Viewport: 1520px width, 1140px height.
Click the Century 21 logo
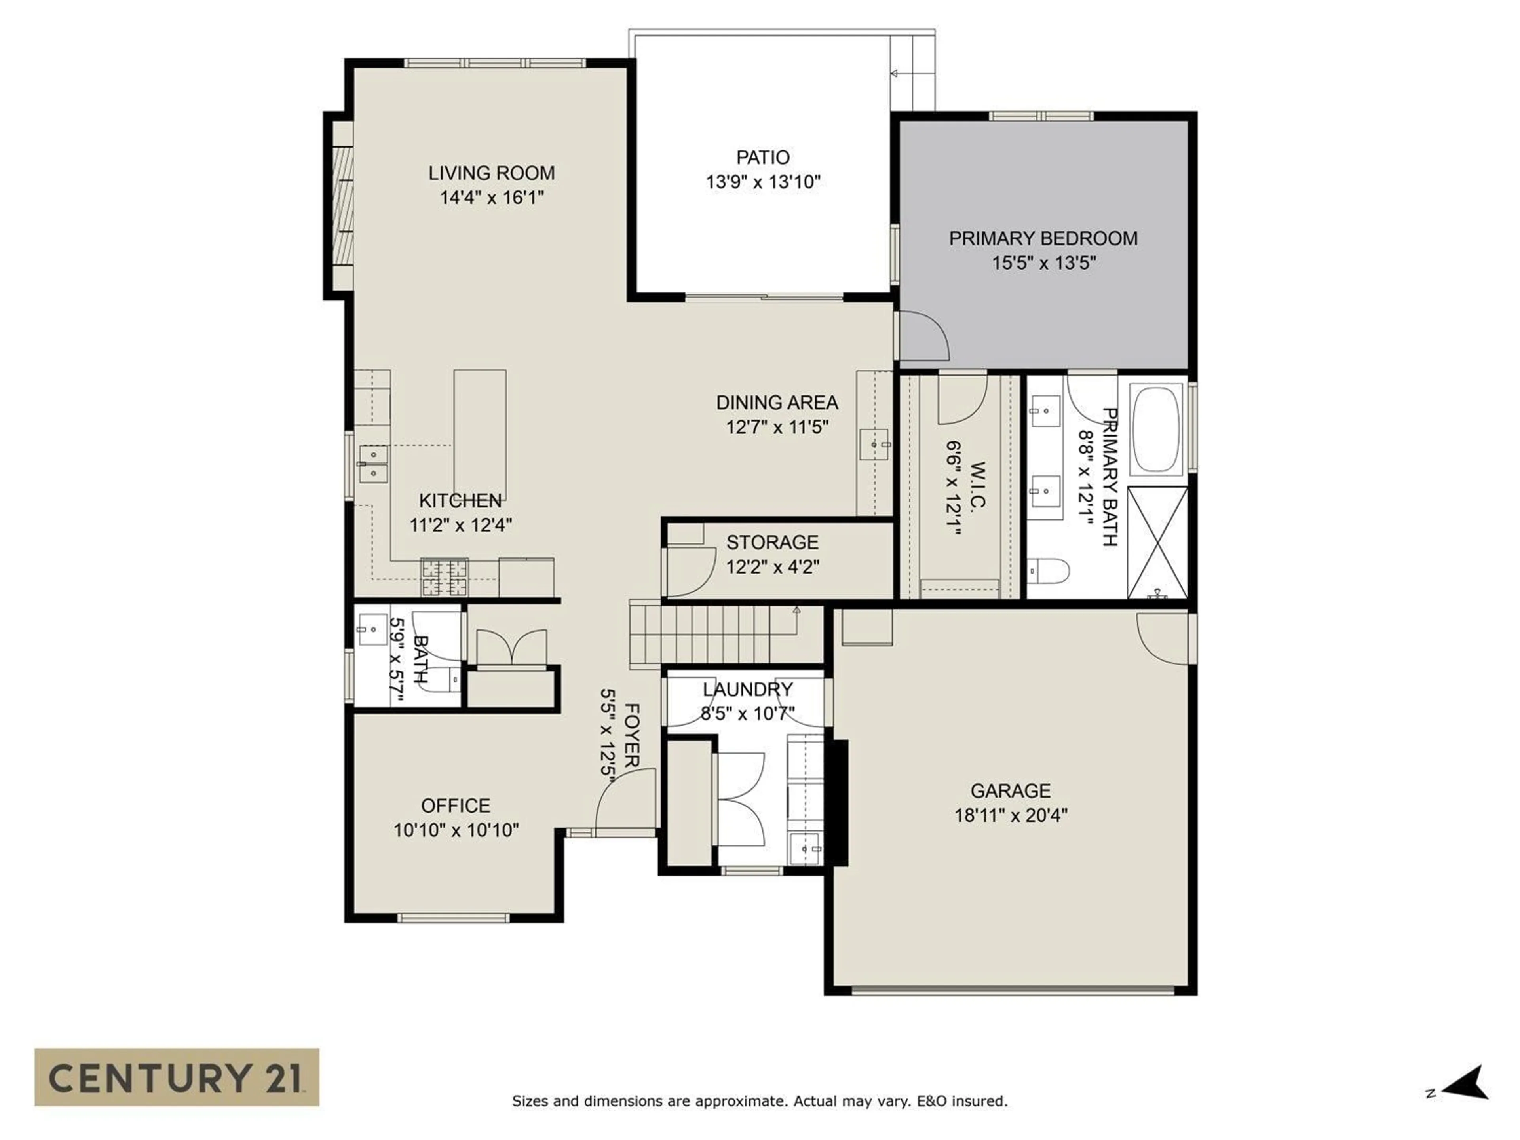[177, 1077]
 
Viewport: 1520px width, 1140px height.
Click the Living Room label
[491, 173]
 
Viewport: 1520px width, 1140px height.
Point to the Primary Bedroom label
[1043, 238]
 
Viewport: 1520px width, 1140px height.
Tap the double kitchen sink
[373, 464]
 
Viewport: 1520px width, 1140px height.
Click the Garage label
[1010, 791]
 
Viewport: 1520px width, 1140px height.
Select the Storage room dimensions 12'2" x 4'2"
[772, 567]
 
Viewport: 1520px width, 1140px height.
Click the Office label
[456, 806]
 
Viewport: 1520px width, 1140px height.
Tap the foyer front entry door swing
[622, 804]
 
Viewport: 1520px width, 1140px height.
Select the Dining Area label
[777, 403]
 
